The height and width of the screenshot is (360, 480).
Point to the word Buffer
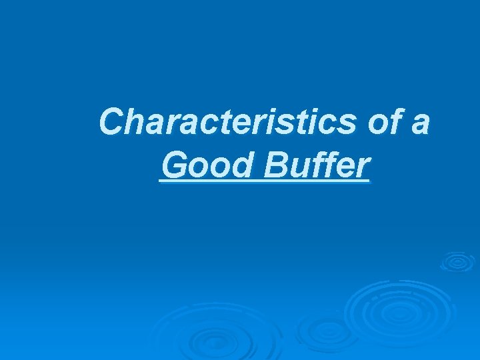click(x=316, y=166)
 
